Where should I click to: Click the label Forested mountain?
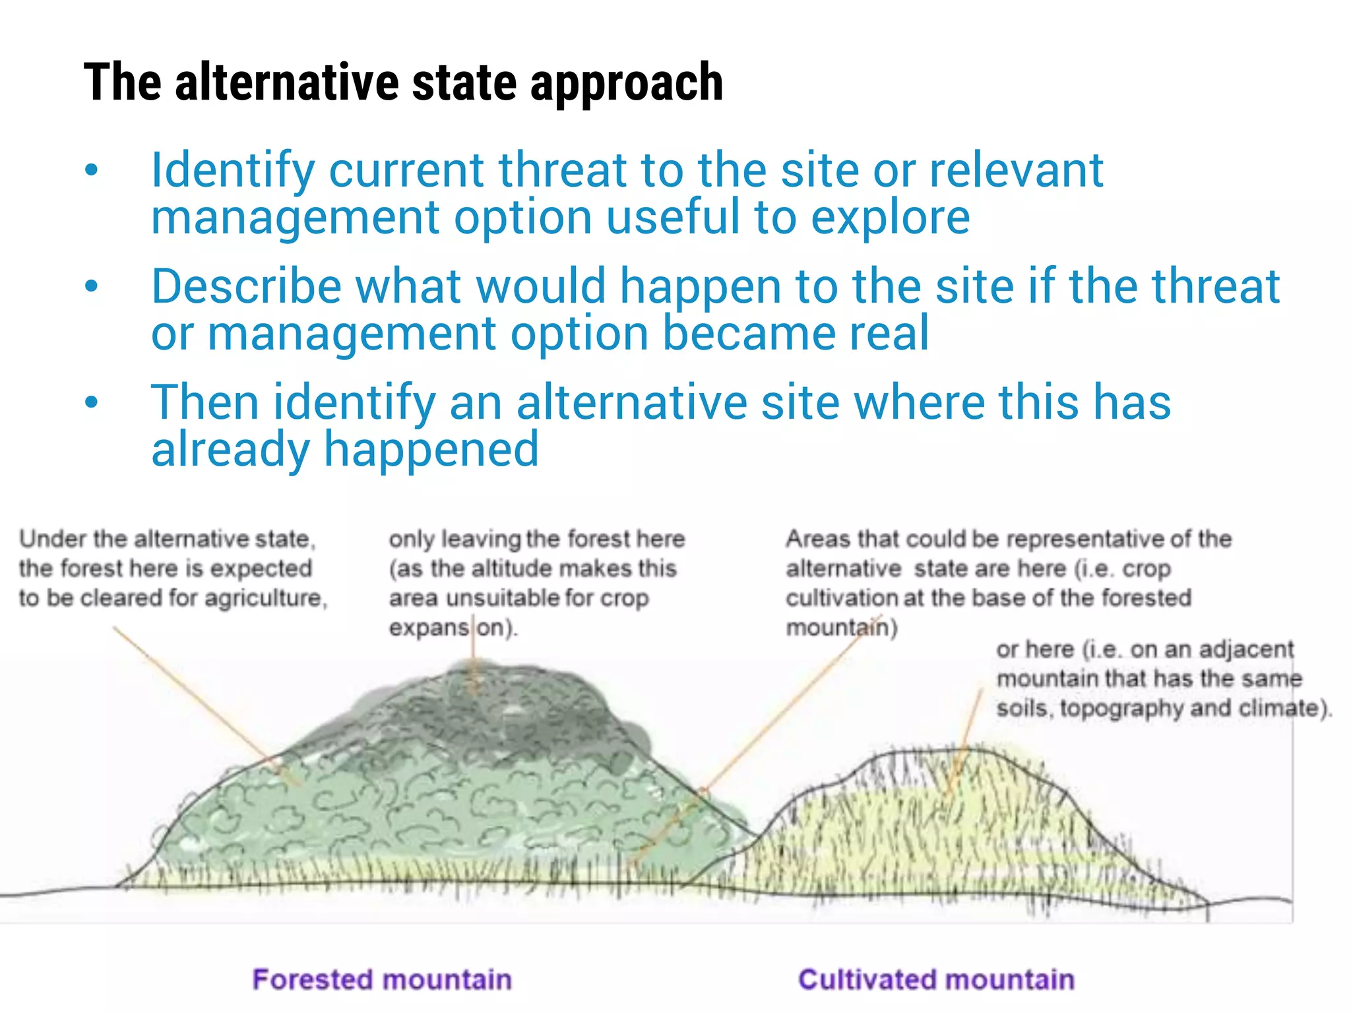pos(382,979)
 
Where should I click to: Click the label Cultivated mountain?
pos(936,979)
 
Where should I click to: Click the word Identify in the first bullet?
pos(233,170)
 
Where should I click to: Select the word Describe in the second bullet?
pos(246,286)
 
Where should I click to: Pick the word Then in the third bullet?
pos(204,402)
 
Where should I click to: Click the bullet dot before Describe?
pos(92,286)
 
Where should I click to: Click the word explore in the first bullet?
pos(890,218)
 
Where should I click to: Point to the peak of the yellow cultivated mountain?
pos(963,758)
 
